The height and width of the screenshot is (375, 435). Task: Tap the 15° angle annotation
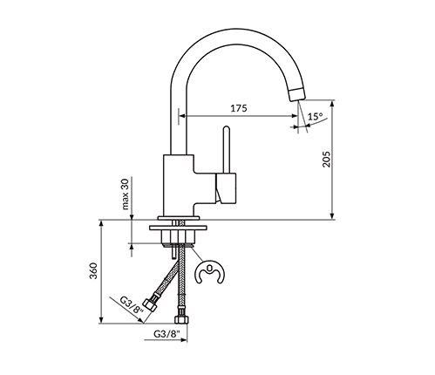315,116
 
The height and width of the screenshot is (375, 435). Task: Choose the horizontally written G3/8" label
165,334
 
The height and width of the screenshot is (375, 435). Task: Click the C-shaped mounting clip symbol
208,274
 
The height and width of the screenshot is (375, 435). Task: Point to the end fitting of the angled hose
154,304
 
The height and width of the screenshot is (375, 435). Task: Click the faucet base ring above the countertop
181,215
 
